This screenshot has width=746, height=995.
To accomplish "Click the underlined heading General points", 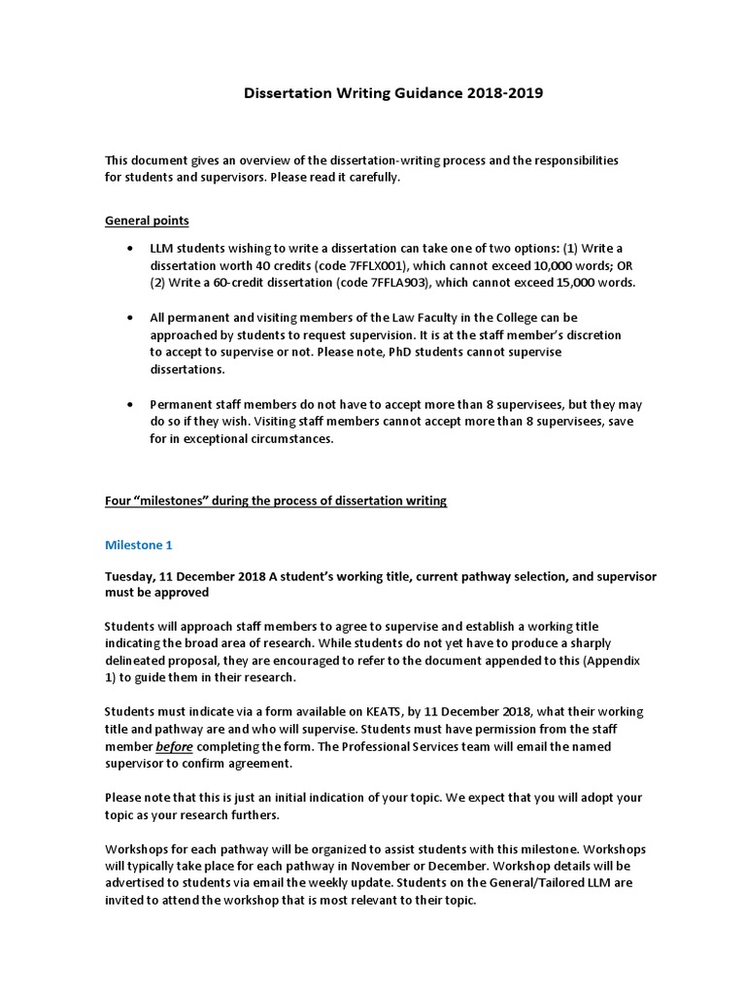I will (x=147, y=221).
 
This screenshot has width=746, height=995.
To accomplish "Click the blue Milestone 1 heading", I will (x=139, y=545).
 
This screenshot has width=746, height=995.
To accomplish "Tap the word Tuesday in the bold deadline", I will (x=132, y=576).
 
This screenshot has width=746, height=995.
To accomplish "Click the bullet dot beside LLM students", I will (x=130, y=249).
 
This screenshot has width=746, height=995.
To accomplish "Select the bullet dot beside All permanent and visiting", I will (x=130, y=319).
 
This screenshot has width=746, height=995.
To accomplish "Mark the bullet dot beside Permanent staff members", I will (x=130, y=404).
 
